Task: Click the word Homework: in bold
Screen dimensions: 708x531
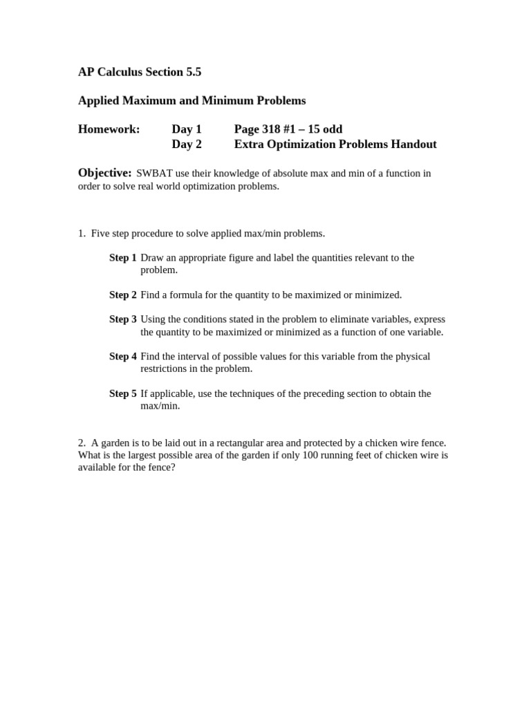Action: point(109,129)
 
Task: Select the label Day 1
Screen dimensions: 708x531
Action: point(187,129)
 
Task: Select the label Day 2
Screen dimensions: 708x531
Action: point(187,145)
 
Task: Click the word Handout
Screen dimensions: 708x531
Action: point(413,145)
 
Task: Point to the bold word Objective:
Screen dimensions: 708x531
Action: point(104,173)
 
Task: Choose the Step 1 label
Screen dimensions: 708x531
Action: point(123,258)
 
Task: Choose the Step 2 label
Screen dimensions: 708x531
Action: point(123,295)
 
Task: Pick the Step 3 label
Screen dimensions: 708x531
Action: point(123,319)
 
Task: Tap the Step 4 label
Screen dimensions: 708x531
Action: point(123,357)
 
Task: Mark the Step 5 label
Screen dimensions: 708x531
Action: point(123,394)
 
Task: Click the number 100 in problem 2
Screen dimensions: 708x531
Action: point(302,455)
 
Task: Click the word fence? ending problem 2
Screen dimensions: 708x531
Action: point(162,467)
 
